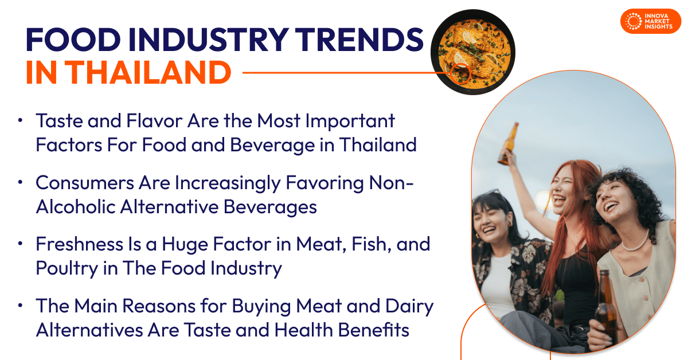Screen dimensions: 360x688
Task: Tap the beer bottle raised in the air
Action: click(508, 143)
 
